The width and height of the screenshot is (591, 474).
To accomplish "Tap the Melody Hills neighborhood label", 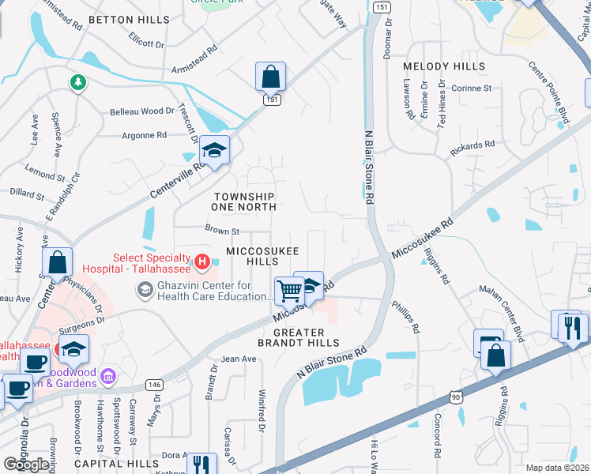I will click(x=443, y=66).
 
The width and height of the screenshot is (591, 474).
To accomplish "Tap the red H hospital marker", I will click(x=202, y=261).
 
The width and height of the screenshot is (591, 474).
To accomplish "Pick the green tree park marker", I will click(x=77, y=82).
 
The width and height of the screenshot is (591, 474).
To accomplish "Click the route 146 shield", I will click(x=154, y=385).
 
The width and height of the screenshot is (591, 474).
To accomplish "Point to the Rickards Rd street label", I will click(x=472, y=145).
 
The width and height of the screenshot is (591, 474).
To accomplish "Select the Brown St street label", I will click(x=222, y=231).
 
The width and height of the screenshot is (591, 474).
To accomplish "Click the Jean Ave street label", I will click(x=239, y=359).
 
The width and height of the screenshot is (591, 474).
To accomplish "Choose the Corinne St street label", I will click(x=471, y=88).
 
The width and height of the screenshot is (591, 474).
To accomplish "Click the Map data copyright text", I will click(x=557, y=468).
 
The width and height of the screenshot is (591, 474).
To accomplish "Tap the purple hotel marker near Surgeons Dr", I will click(x=108, y=375).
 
